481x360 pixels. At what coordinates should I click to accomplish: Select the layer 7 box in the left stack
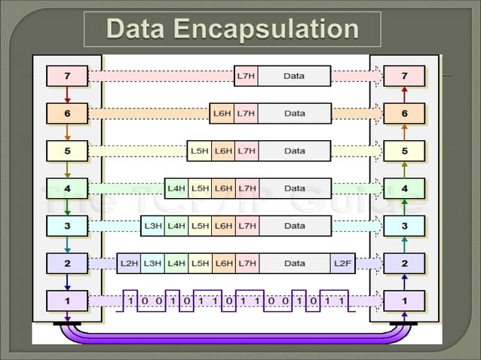pos(68,75)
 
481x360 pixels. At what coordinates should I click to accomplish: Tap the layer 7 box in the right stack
pos(404,75)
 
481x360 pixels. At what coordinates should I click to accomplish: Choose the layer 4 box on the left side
pos(68,188)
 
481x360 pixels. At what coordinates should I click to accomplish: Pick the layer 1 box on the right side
pos(404,301)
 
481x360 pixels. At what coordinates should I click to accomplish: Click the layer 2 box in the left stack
pos(68,263)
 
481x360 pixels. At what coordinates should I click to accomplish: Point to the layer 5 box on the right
pos(404,151)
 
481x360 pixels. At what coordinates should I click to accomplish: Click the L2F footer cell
pos(342,263)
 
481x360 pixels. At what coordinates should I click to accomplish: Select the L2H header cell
pos(129,263)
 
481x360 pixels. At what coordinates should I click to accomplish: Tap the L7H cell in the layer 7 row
pos(246,75)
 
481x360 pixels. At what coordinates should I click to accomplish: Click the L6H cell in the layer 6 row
pos(222,113)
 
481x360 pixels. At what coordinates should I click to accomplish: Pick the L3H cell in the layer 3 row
pos(153,225)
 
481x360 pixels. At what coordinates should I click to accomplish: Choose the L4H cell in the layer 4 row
pos(176,188)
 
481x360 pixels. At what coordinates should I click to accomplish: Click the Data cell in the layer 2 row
pos(294,263)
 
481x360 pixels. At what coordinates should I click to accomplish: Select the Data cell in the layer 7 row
pos(294,75)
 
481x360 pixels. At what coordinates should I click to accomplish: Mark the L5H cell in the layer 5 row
pos(200,151)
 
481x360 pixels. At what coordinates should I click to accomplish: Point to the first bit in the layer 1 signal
pos(130,301)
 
